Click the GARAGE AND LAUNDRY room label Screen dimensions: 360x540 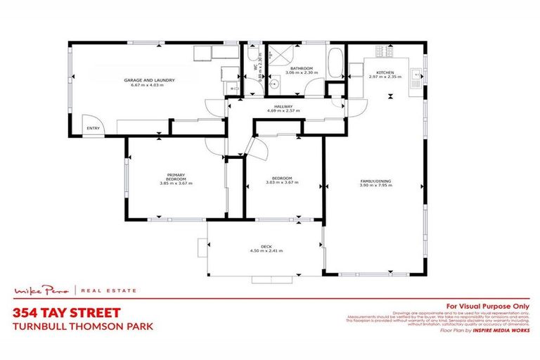(149, 80)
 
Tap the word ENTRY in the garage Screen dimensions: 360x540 (93, 128)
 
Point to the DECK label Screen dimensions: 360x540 (266, 246)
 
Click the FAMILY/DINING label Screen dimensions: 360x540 (375, 181)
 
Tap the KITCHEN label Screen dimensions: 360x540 (384, 72)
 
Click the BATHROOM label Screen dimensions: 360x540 (301, 68)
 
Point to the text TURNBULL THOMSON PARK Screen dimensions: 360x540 (83, 326)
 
